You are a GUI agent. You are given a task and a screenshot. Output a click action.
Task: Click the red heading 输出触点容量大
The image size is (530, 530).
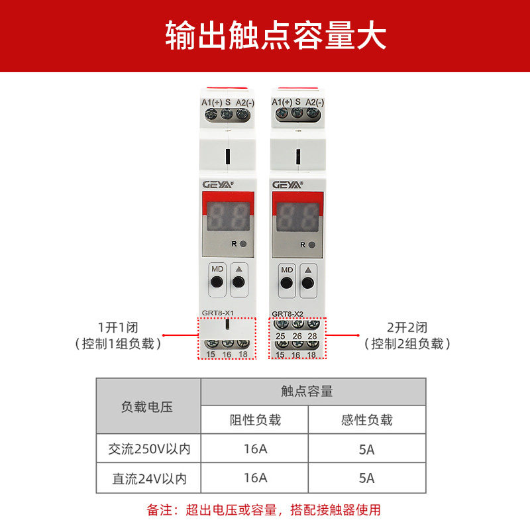click(276, 36)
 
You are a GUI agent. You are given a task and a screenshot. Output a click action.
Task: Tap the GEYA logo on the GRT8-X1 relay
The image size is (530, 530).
click(218, 185)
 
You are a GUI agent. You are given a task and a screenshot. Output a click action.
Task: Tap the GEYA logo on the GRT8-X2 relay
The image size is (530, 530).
click(288, 185)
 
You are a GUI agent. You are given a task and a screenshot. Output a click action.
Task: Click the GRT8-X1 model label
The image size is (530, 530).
click(218, 313)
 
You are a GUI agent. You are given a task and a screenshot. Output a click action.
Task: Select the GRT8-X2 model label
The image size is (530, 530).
click(288, 314)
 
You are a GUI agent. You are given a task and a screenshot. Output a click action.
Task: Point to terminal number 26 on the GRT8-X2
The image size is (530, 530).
click(297, 336)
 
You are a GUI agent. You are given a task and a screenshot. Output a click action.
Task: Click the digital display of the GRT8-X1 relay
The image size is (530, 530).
click(228, 217)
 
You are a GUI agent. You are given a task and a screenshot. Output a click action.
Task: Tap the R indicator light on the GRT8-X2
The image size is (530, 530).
click(312, 244)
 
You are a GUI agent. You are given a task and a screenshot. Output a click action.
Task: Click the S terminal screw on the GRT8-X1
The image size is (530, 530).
click(227, 114)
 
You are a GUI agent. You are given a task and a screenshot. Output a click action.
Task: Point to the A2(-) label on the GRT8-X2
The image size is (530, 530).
click(315, 102)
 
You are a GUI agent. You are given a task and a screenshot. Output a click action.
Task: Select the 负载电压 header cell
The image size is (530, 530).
click(147, 407)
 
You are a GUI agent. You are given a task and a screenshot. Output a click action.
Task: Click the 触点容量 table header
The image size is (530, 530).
click(307, 391)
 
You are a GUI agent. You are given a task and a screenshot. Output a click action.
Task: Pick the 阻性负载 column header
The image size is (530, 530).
click(255, 420)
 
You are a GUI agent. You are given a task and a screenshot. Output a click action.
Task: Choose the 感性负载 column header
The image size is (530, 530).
click(367, 420)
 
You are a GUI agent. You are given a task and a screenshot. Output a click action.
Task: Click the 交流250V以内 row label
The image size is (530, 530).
click(150, 449)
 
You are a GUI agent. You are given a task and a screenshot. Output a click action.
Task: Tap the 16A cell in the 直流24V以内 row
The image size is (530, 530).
click(256, 478)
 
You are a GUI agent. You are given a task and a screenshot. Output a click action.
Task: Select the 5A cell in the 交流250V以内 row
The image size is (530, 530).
click(367, 449)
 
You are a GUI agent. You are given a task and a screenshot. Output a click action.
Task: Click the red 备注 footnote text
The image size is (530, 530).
click(264, 509)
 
